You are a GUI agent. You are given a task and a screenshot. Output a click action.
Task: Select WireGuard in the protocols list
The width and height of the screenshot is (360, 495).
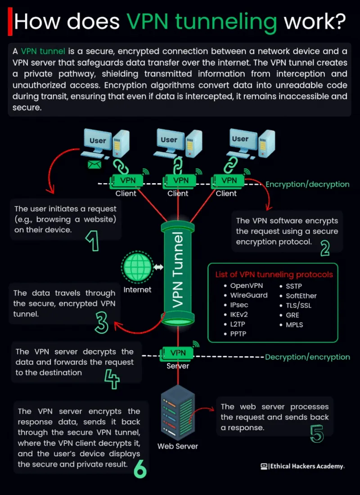coord(249,295)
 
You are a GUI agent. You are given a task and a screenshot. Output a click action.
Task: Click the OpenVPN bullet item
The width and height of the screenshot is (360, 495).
coord(247,285)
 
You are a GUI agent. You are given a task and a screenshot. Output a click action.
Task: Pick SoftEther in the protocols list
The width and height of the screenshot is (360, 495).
coord(301,296)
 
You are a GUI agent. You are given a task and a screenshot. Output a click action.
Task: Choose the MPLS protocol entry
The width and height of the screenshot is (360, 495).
coord(294,324)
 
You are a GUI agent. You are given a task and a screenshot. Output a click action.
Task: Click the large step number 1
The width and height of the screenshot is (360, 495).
coord(92,242)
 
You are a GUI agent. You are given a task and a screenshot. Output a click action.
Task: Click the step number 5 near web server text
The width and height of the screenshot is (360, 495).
coord(317,433)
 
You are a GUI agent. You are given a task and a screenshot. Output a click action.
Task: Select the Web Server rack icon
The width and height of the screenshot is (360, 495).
coord(178,412)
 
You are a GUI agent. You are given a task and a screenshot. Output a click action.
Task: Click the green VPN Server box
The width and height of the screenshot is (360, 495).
coord(178,353)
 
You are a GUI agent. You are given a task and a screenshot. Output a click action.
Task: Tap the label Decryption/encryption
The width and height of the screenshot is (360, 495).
coord(307,357)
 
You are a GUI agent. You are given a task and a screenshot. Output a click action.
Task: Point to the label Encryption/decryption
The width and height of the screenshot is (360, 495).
coord(307,184)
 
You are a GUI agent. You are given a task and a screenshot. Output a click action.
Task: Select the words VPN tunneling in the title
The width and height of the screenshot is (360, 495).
coord(201,21)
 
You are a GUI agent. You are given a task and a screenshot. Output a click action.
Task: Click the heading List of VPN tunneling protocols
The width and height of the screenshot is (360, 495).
coord(274,274)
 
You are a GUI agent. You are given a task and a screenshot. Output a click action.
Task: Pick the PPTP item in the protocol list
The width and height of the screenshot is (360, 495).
coord(238,334)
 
